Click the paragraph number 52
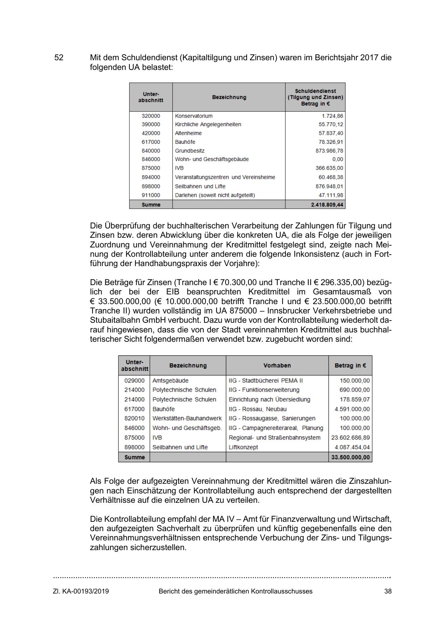pyautogui.click(x=59, y=58)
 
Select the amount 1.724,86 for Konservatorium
pyautogui.click(x=332, y=116)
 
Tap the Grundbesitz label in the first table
pyautogui.click(x=190, y=151)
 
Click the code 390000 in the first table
pyautogui.click(x=151, y=124)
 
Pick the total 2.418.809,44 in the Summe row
pyautogui.click(x=327, y=205)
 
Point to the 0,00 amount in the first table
pyautogui.click(x=337, y=159)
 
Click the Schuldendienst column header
pyautogui.click(x=315, y=97)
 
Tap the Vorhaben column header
pyautogui.click(x=277, y=365)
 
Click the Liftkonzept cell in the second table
pyautogui.click(x=243, y=447)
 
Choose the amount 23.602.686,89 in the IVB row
pyautogui.click(x=350, y=438)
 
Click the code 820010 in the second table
pyautogui.click(x=134, y=418)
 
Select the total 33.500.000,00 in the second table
pyautogui.click(x=350, y=457)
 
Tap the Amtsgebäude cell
pyautogui.click(x=170, y=380)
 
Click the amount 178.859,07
pyautogui.click(x=354, y=399)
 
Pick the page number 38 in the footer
pyautogui.click(x=388, y=591)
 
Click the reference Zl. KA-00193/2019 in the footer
pyautogui.click(x=81, y=591)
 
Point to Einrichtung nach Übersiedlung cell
pyautogui.click(x=269, y=399)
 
